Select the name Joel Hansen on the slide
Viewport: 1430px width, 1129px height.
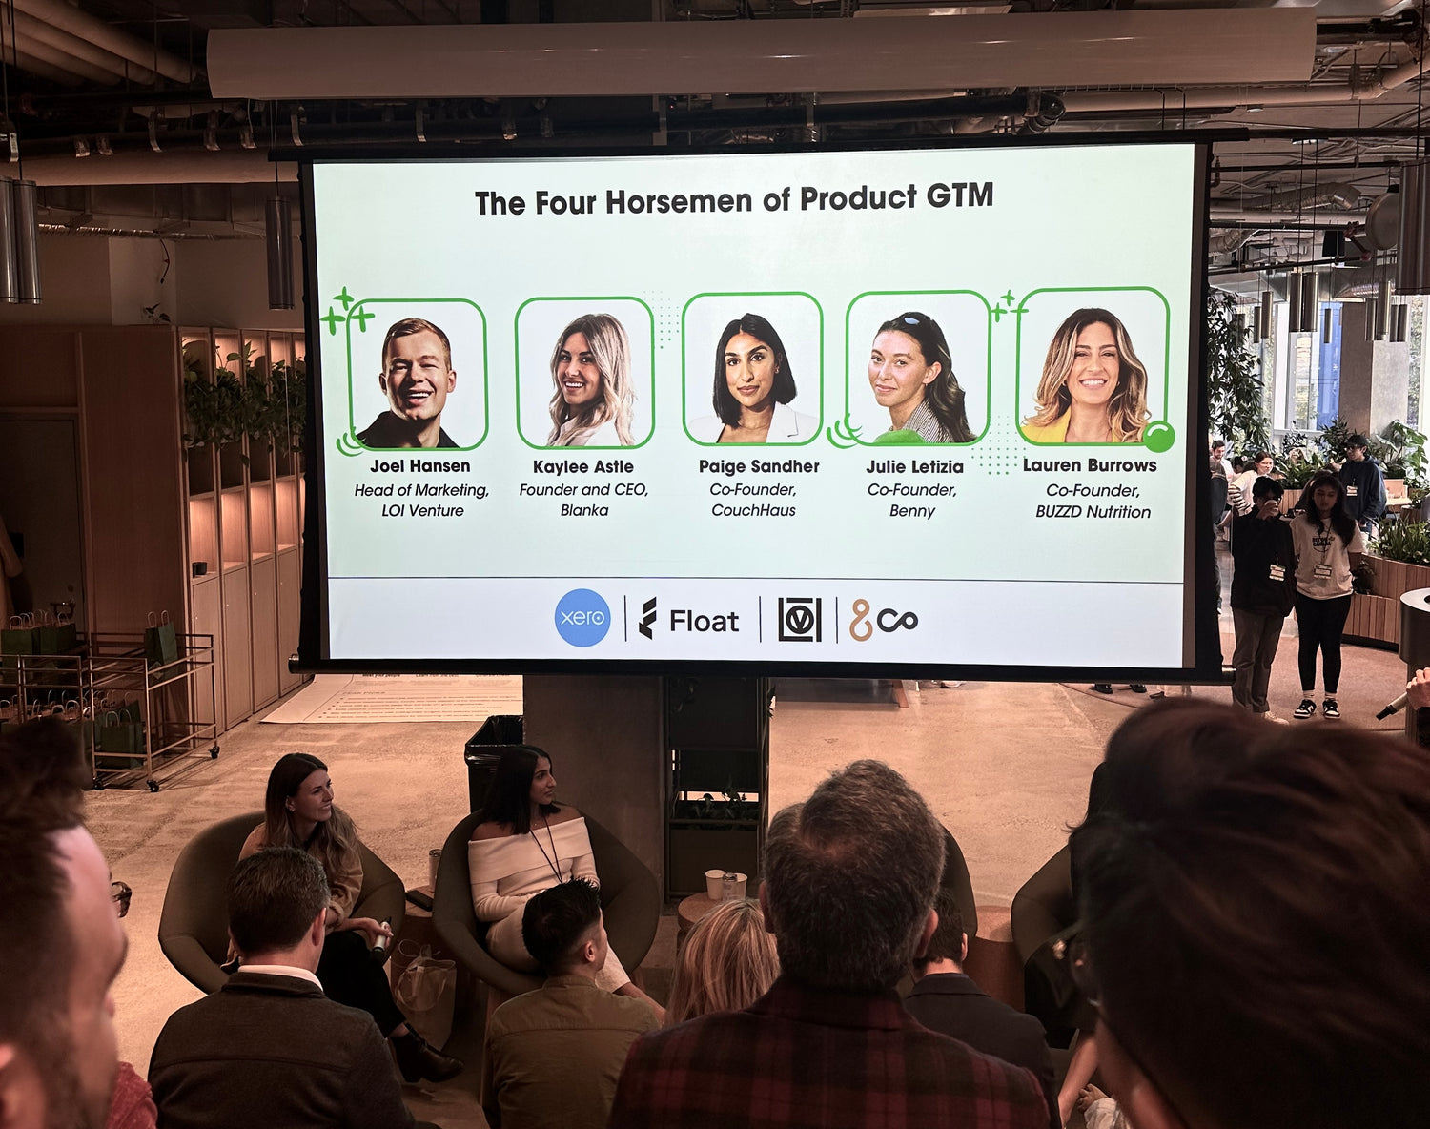[x=420, y=466]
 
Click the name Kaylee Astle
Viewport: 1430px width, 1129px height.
[x=582, y=466]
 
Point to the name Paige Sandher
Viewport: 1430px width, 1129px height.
[x=759, y=466]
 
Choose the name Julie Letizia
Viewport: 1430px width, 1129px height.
[x=914, y=466]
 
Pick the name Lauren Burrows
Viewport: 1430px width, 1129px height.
[x=1090, y=465]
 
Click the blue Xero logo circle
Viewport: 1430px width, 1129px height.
[x=582, y=618]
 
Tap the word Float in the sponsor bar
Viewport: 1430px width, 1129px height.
[x=704, y=622]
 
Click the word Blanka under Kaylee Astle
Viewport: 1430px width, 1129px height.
[x=584, y=511]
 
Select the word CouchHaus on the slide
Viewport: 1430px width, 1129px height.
[x=753, y=511]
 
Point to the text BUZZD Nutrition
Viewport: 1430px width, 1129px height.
[x=1093, y=512]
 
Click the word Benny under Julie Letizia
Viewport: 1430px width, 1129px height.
[x=912, y=511]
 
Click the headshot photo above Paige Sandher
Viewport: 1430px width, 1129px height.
[x=753, y=369]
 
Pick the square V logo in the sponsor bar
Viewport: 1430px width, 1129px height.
[x=800, y=620]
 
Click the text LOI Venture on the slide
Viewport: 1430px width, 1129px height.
[x=422, y=511]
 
